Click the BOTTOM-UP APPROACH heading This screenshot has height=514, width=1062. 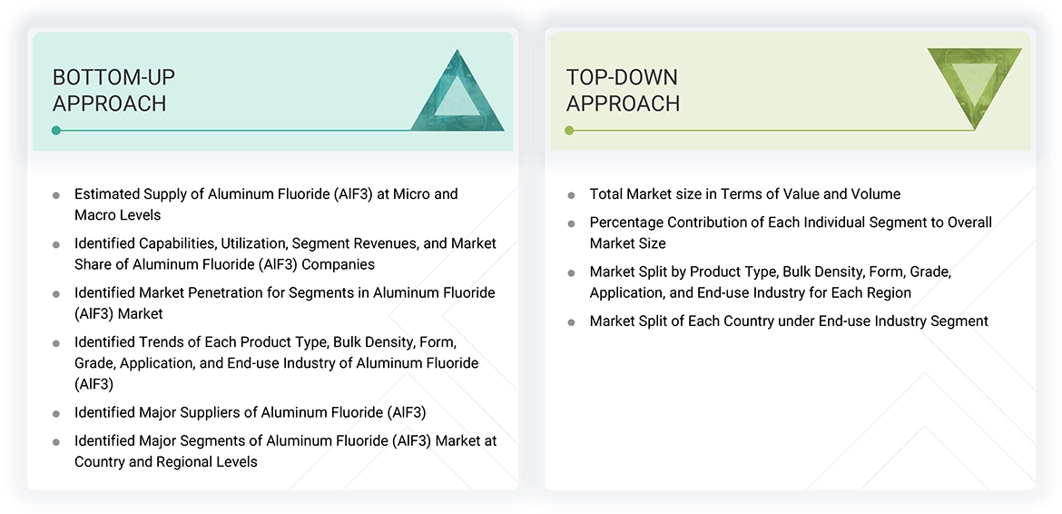pyautogui.click(x=113, y=90)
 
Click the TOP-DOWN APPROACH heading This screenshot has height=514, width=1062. pyautogui.click(x=623, y=90)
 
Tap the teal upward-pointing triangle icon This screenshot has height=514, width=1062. pyautogui.click(x=457, y=93)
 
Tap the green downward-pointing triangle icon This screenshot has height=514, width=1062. pyautogui.click(x=974, y=87)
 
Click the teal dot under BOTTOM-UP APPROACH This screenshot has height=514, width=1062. pyautogui.click(x=56, y=130)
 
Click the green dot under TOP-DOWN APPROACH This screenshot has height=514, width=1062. pyautogui.click(x=569, y=130)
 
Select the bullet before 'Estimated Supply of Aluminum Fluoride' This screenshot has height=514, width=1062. pyautogui.click(x=56, y=194)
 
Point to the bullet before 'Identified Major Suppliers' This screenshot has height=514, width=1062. pyautogui.click(x=56, y=413)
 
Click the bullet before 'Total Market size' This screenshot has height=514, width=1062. pyautogui.click(x=571, y=194)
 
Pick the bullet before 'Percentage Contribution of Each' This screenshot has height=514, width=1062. pyautogui.click(x=571, y=222)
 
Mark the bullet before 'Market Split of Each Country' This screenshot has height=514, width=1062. pyautogui.click(x=571, y=321)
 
